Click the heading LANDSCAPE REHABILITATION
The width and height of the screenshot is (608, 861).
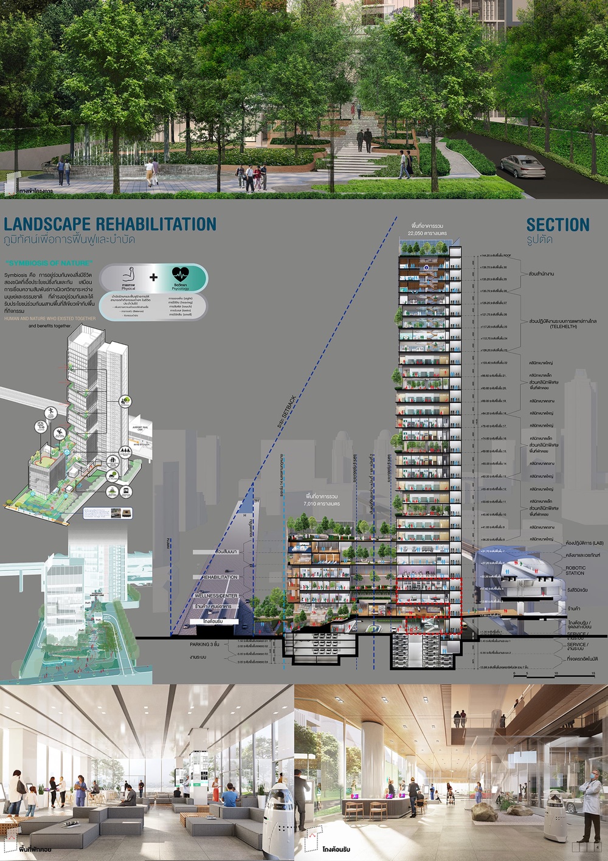[x=110, y=224]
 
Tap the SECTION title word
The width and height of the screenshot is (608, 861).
[x=558, y=225]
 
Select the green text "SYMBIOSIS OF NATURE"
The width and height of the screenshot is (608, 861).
[x=49, y=263]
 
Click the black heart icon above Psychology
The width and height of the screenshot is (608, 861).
[x=181, y=275]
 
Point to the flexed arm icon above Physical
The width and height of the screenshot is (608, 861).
[x=128, y=274]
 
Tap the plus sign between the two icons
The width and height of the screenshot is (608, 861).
[x=153, y=277]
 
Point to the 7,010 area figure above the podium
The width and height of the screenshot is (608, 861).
[x=321, y=504]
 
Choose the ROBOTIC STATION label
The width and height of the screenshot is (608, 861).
[x=575, y=570]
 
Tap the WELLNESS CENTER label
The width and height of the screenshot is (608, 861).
[x=216, y=596]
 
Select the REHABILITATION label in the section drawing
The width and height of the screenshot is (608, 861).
[x=219, y=577]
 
